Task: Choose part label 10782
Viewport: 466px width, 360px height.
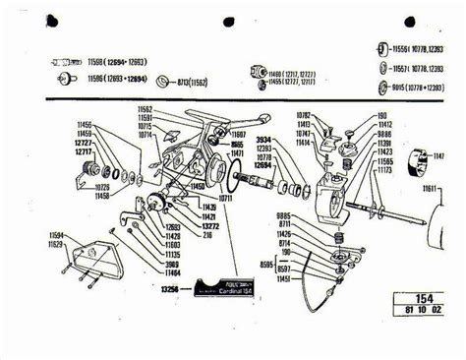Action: pos(303,114)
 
